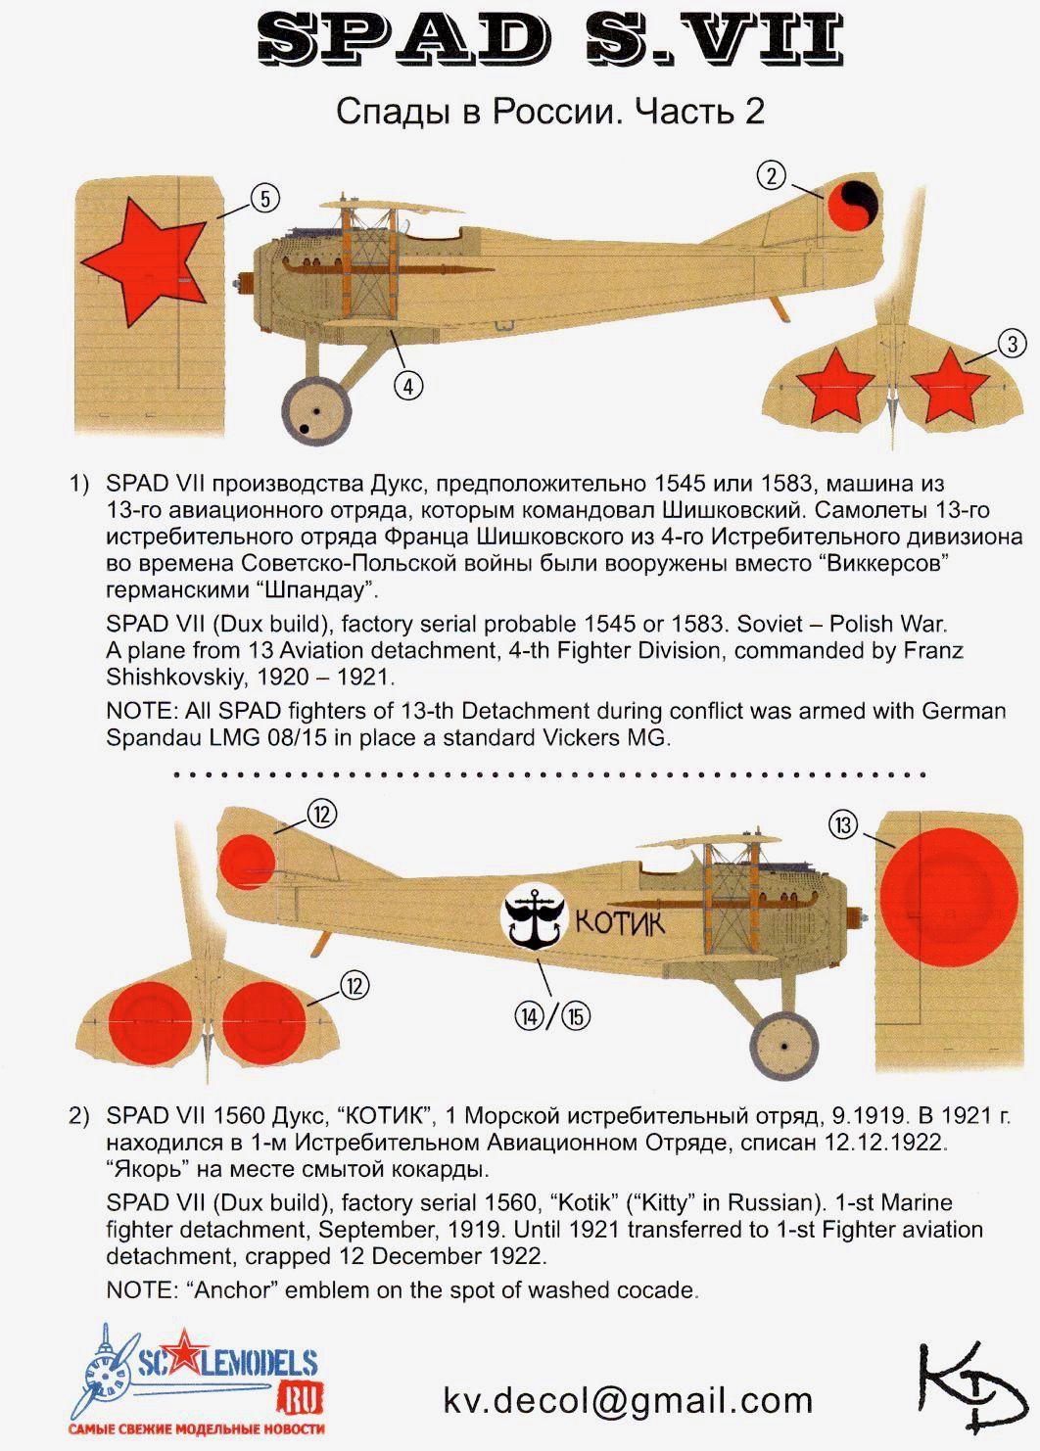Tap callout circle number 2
(x=772, y=175)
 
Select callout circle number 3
(x=1012, y=343)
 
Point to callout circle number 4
(x=408, y=385)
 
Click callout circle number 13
(x=843, y=825)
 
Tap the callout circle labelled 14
(x=530, y=1017)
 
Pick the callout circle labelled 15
(x=576, y=1017)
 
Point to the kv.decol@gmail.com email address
(x=628, y=1400)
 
